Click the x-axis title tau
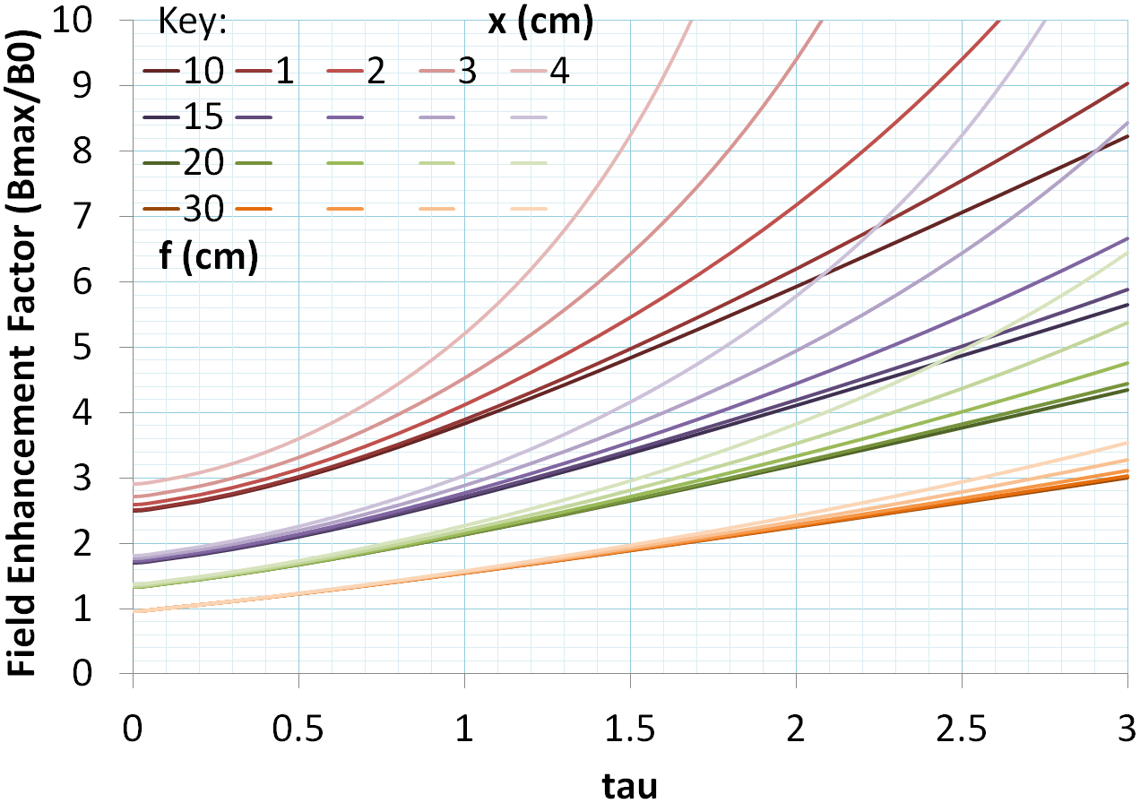pos(629,785)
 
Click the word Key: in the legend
pos(192,23)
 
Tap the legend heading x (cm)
pos(540,23)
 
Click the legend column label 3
pos(466,72)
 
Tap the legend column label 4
pos(558,72)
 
